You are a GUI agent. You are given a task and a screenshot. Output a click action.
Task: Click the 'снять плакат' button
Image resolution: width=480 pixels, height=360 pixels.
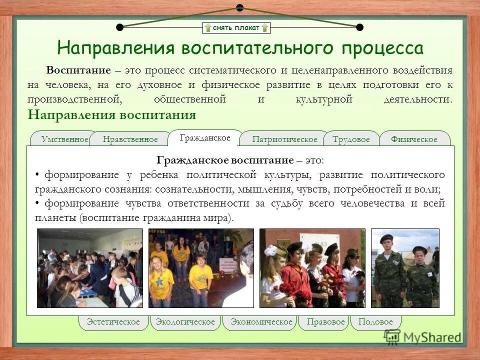coord(236,28)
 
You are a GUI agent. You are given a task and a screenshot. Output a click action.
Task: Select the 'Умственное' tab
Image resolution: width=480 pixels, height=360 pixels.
coord(64,139)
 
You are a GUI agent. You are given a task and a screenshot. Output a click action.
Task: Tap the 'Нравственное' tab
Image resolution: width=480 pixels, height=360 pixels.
coord(130,139)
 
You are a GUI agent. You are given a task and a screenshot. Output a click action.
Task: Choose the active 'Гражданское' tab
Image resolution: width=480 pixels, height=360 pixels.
coord(204,137)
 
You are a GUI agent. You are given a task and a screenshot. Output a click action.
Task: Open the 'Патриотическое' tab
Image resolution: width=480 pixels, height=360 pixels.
coord(284,139)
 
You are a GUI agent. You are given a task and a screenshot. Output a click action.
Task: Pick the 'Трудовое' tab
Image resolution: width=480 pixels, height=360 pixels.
coord(351,139)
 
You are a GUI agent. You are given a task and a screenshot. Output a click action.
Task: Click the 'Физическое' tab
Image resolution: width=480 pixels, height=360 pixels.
coord(414,139)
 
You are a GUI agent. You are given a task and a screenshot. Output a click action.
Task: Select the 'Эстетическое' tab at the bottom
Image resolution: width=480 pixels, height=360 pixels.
coord(113,322)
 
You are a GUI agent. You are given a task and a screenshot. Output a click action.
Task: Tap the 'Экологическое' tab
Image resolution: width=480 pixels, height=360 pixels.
coord(185,322)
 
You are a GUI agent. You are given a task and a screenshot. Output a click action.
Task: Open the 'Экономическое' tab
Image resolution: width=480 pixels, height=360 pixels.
coord(261,322)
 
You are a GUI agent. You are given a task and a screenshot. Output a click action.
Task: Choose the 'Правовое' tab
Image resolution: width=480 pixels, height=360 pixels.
coord(325,322)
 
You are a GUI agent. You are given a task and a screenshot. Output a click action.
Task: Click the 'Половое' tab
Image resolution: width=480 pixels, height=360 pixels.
coord(375,322)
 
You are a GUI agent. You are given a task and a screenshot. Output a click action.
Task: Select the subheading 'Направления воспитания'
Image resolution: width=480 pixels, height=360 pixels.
coord(112,115)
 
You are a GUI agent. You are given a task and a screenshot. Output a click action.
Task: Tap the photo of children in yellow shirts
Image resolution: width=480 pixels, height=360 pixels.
coord(201,268)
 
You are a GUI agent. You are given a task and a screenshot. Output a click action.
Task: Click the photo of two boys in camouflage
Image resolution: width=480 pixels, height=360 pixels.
coord(405,268)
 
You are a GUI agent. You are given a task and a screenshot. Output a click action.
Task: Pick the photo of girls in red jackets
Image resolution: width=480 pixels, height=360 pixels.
coord(312,268)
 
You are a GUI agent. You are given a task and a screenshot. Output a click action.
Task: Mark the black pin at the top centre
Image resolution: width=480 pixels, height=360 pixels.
coord(239,7)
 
